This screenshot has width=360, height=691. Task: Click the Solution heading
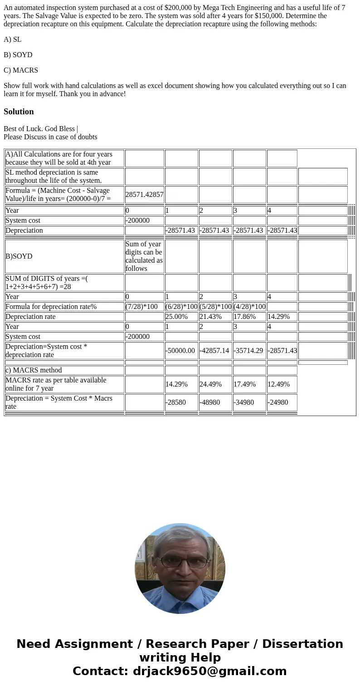click(x=19, y=112)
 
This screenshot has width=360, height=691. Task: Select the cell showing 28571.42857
click(x=144, y=195)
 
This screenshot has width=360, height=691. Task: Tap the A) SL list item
click(x=13, y=39)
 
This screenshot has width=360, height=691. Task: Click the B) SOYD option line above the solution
click(x=18, y=55)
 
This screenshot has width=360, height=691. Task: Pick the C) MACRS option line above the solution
click(x=21, y=70)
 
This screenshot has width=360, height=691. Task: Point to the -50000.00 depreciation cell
click(x=180, y=351)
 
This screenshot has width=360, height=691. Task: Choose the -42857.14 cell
click(x=214, y=351)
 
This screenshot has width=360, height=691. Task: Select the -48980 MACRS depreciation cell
click(x=210, y=402)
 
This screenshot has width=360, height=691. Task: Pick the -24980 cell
click(x=278, y=402)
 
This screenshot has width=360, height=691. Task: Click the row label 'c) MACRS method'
click(x=34, y=370)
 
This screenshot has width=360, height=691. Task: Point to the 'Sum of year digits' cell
click(x=144, y=256)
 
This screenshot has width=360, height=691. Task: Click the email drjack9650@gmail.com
click(x=209, y=671)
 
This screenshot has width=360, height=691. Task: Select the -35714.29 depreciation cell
click(x=248, y=351)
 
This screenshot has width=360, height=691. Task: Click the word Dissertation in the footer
click(x=302, y=644)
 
